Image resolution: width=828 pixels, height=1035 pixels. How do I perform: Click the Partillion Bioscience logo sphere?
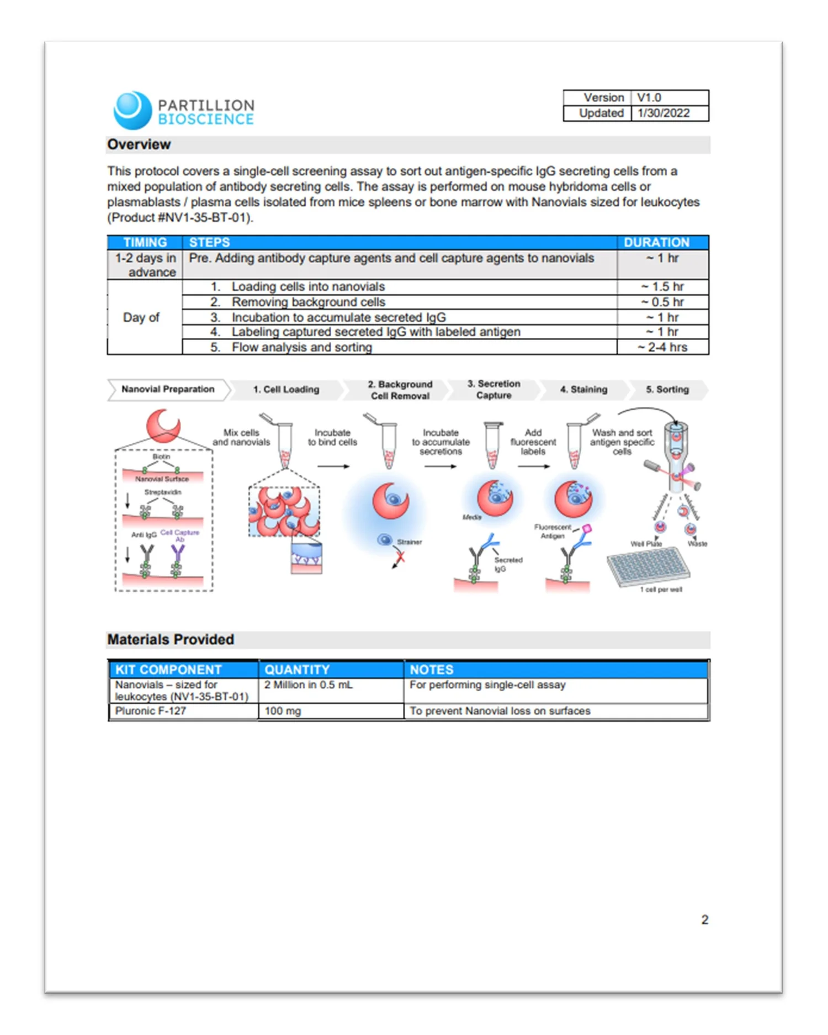[132, 110]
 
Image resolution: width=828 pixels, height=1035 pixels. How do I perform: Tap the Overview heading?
[139, 145]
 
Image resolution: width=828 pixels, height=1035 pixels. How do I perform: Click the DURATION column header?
[656, 242]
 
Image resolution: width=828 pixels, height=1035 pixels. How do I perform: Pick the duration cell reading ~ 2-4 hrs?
[662, 347]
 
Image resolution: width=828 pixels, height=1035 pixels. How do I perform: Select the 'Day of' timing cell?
[141, 317]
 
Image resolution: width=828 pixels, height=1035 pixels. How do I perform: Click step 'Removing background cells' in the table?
[308, 302]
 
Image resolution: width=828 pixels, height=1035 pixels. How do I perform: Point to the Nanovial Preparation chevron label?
[168, 389]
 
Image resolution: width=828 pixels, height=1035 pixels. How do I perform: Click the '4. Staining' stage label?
[583, 389]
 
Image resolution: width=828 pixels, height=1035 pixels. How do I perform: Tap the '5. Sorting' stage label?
[667, 389]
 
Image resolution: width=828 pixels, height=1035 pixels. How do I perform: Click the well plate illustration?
[647, 568]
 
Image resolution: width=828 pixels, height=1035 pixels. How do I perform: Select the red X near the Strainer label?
[400, 558]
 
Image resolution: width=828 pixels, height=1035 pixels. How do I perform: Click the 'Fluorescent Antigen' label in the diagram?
[552, 531]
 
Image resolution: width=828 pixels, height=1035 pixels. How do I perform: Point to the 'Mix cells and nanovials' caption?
[241, 437]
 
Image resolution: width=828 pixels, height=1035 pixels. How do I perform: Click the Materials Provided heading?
[171, 639]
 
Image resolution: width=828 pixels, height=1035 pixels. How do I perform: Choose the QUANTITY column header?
[296, 670]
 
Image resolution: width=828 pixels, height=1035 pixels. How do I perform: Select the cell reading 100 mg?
[283, 711]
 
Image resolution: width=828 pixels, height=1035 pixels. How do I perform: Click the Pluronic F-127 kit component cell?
[151, 711]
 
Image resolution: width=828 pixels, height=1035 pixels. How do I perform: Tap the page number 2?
[704, 920]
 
